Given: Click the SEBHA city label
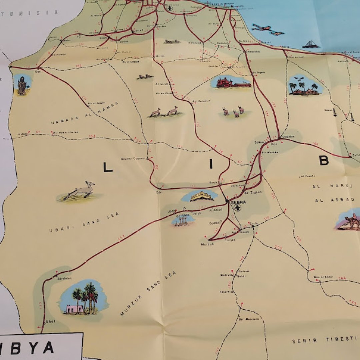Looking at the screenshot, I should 239,202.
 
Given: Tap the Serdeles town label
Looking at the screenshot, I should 64,278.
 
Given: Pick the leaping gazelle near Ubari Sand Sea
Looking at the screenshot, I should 80,191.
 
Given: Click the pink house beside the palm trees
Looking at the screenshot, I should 74,309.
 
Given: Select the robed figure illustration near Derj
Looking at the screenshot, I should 22,86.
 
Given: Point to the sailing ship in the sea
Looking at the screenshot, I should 310,44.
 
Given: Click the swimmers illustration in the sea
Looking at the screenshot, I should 268,29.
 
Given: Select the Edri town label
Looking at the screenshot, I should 159,192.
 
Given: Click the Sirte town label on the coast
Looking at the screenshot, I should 285,47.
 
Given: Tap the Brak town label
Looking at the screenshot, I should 213,182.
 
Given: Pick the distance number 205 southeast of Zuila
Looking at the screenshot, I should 278,247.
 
